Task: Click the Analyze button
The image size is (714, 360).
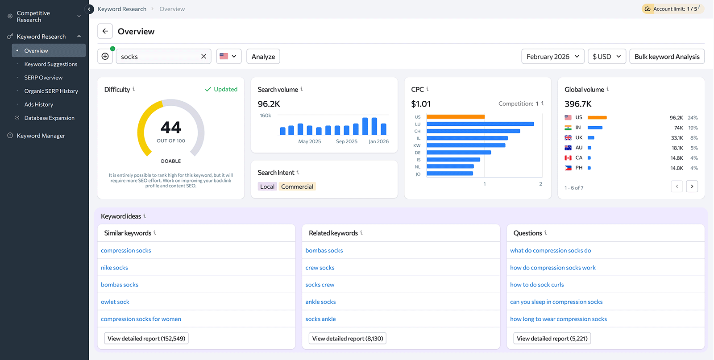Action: coord(263,57)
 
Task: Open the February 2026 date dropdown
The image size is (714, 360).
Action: coord(552,57)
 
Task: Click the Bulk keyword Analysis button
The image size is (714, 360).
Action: coord(667,57)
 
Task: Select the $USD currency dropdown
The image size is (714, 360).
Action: coord(606,57)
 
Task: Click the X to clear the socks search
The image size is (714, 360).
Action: coord(203,57)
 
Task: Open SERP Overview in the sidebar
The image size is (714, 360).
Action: coord(43,78)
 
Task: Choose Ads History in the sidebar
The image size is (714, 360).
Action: coord(39,104)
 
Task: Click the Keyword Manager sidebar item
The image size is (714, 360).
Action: coord(41,136)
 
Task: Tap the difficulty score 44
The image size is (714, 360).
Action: coord(171,128)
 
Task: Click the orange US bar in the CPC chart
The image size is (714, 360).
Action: coord(455,117)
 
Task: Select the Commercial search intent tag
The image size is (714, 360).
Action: coord(297,186)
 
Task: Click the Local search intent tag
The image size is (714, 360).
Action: coord(267,186)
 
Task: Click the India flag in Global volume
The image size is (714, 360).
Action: coord(568,128)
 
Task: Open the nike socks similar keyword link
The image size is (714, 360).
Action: coord(114,268)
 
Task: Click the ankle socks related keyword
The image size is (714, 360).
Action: coord(320,302)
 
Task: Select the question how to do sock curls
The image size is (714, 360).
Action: coord(537,285)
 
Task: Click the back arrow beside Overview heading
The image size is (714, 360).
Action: coord(105,31)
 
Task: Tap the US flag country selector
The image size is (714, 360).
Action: coord(228,57)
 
